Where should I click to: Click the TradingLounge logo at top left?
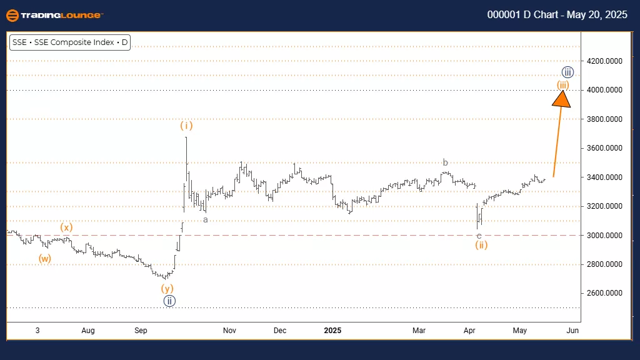coord(54,15)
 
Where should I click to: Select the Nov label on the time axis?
coord(229,330)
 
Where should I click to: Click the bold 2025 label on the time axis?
coord(331,330)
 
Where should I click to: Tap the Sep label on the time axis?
coord(141,330)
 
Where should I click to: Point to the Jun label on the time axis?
coord(573,330)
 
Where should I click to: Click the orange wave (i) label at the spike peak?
coord(186,126)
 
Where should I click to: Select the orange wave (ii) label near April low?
coord(480,245)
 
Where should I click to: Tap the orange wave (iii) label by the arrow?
coord(562,84)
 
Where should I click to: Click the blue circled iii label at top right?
coord(567,72)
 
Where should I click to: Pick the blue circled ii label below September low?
coord(169,301)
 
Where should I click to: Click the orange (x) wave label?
coord(67,227)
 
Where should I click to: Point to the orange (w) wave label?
coord(44,258)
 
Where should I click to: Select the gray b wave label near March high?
coord(445,163)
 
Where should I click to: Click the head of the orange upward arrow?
coord(562,99)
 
